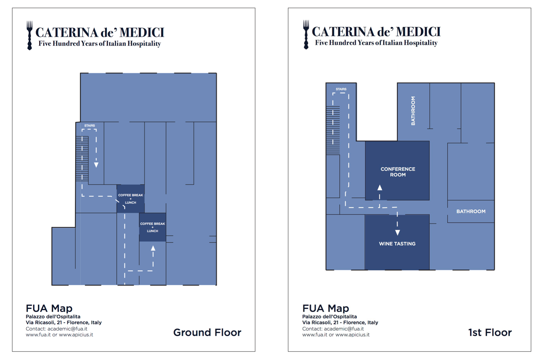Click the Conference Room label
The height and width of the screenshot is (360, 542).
click(x=398, y=172)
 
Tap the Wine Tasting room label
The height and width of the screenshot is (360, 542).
click(x=397, y=244)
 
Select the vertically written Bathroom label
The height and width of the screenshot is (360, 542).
click(x=413, y=111)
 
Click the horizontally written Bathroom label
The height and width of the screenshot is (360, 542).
click(x=471, y=211)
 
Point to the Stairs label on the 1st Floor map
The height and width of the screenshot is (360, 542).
click(x=341, y=89)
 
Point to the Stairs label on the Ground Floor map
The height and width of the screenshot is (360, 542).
click(x=89, y=126)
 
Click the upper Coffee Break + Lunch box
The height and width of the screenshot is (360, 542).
click(x=131, y=199)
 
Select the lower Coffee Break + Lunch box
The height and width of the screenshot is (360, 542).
click(x=153, y=227)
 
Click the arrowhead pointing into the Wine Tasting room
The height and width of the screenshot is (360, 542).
click(x=397, y=233)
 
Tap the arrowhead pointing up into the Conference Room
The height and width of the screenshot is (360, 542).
click(x=380, y=187)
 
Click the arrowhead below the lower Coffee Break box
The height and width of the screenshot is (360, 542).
click(x=153, y=248)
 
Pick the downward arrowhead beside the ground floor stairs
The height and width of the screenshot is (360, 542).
click(x=96, y=165)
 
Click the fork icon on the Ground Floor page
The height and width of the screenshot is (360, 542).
click(x=30, y=35)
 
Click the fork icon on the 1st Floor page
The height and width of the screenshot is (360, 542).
click(x=306, y=35)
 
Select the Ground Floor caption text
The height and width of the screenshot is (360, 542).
click(x=207, y=332)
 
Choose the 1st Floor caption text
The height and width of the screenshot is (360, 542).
click(x=490, y=332)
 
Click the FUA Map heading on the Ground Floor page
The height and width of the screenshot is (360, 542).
click(x=49, y=308)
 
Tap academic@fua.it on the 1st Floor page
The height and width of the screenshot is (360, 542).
click(x=344, y=329)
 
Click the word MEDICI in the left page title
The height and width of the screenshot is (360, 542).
click(x=142, y=32)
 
